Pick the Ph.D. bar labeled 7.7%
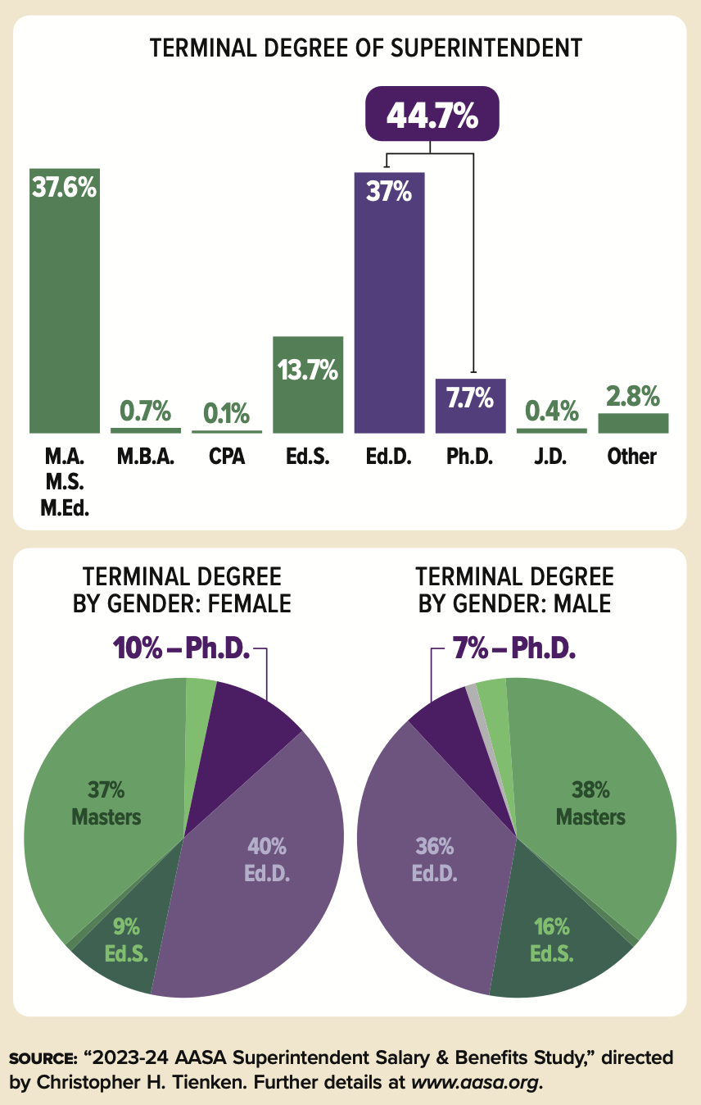(x=470, y=406)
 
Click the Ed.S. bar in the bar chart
(x=308, y=385)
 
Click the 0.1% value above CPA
(x=226, y=413)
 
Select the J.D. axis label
(x=550, y=457)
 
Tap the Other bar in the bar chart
(x=633, y=422)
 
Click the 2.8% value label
(x=633, y=397)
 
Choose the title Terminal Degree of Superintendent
(x=365, y=48)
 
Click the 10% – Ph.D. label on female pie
(x=188, y=649)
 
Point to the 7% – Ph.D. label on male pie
(x=514, y=649)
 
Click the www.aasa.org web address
(x=476, y=1082)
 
